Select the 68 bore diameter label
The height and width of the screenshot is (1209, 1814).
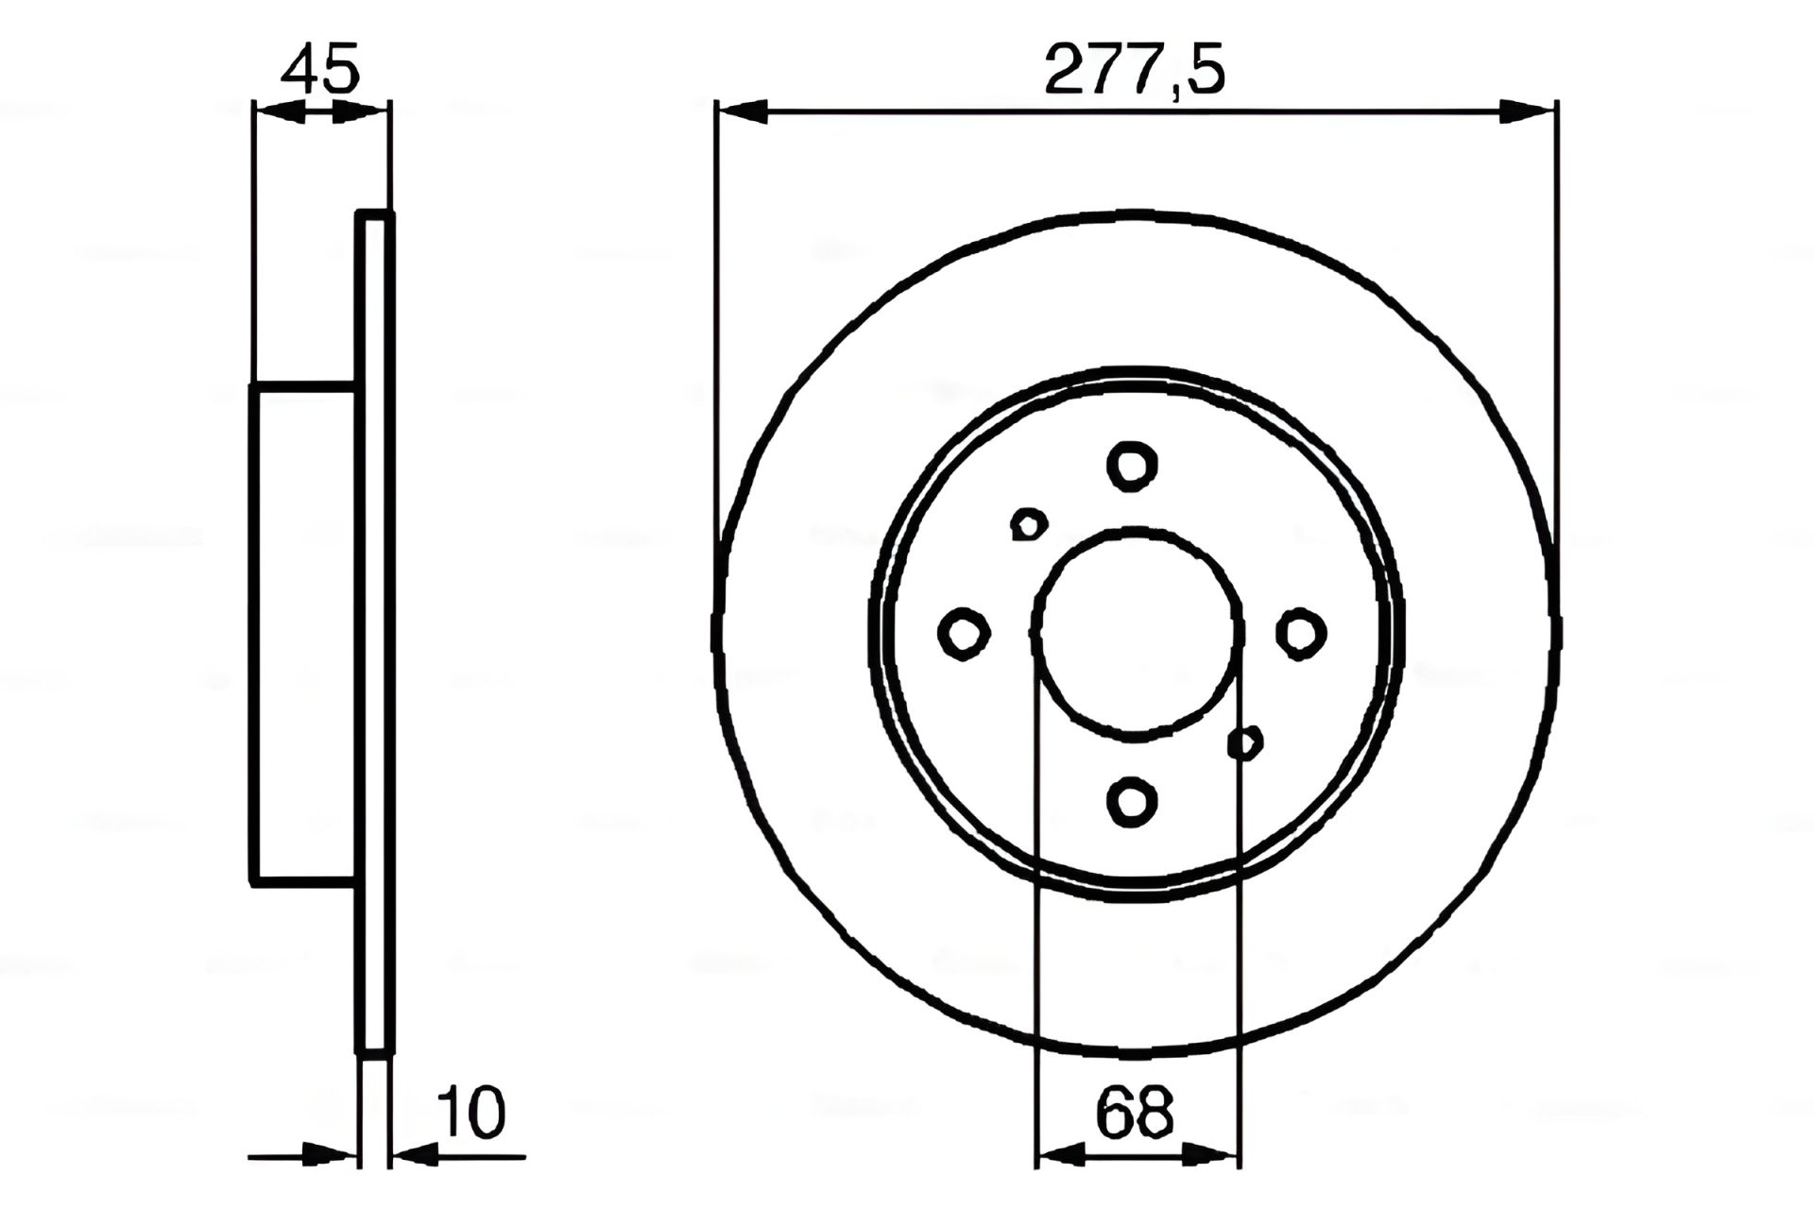[1134, 1113]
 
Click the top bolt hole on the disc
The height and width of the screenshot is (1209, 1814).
[1132, 466]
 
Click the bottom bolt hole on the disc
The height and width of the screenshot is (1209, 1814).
[1132, 801]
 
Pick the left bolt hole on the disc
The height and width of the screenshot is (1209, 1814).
[964, 633]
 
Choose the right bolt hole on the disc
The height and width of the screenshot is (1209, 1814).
[1300, 633]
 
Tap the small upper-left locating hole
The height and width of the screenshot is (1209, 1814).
[1028, 524]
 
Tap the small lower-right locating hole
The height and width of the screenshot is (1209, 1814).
[1245, 743]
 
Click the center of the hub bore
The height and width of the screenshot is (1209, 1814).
[1137, 633]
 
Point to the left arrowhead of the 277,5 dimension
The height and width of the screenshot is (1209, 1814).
[742, 111]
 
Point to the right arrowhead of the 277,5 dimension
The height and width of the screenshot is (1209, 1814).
[1529, 111]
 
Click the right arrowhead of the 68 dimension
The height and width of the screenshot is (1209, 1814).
[1215, 1154]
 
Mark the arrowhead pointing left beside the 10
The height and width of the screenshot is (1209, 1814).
[414, 1154]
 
